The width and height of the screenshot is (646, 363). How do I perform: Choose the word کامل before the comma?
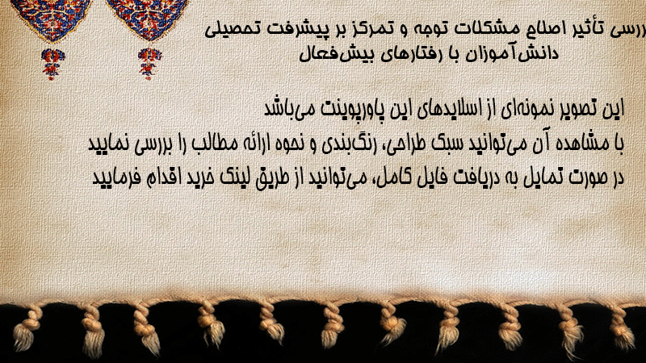[388, 177]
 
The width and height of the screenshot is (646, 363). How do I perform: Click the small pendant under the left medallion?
[52, 64]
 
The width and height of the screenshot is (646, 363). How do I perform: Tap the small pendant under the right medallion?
[149, 63]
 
